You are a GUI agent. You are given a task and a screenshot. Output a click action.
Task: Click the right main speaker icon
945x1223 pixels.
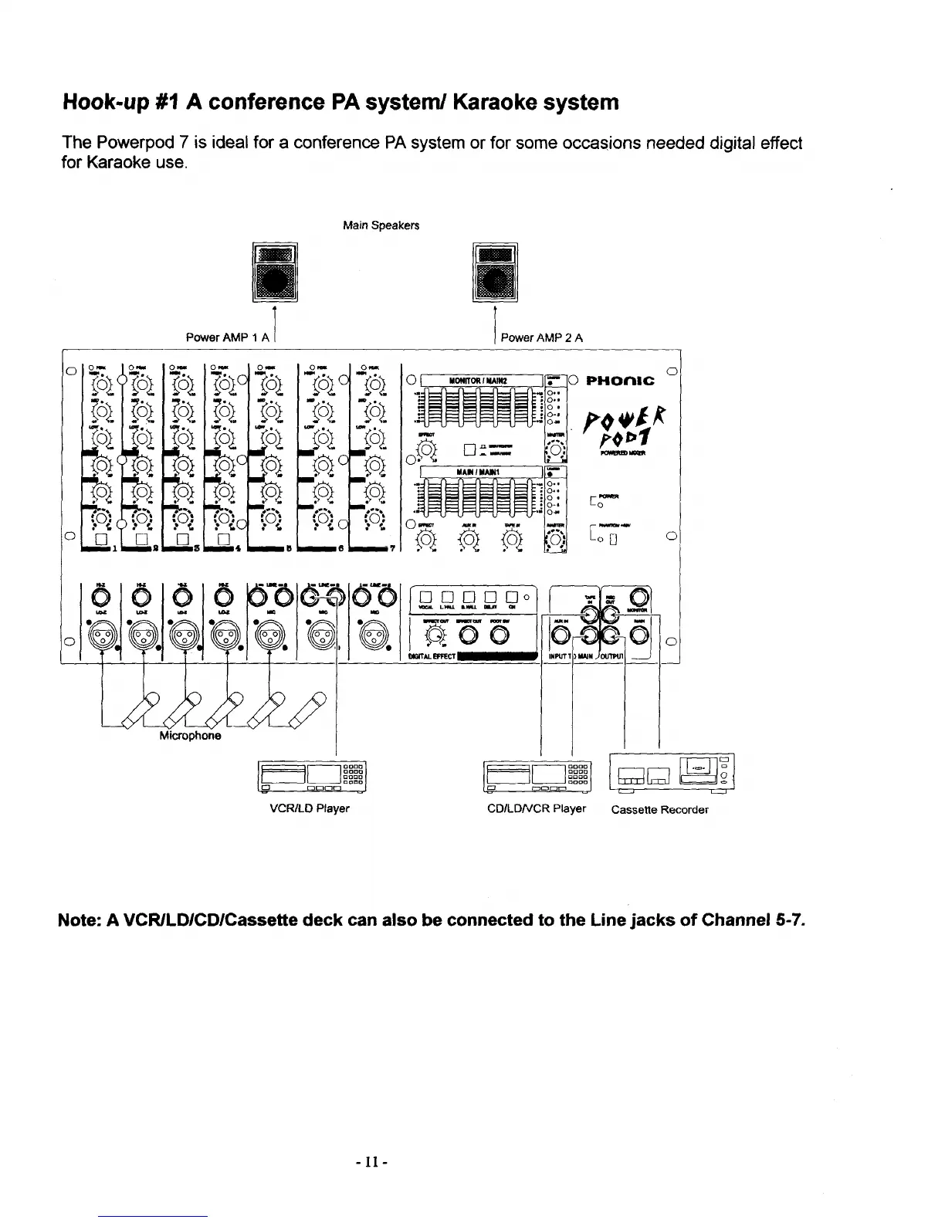(495, 273)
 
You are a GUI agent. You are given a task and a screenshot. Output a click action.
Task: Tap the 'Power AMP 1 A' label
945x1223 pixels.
(228, 337)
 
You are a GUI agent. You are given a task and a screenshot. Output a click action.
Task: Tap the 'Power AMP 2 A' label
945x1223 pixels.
(542, 337)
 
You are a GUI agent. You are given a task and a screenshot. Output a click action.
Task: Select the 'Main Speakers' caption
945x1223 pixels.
(381, 226)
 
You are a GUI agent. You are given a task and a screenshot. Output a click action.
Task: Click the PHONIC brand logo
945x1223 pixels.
(621, 381)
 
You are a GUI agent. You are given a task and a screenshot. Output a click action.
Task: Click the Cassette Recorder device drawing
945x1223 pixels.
(672, 772)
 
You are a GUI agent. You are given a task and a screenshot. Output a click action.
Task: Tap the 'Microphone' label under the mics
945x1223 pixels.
(190, 736)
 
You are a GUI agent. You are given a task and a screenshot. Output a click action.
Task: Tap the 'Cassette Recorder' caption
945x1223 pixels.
(659, 810)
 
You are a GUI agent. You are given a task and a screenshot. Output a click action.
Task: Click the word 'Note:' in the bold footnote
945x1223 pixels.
(80, 920)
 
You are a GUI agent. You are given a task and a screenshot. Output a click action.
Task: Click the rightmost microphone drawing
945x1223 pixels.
(310, 710)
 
